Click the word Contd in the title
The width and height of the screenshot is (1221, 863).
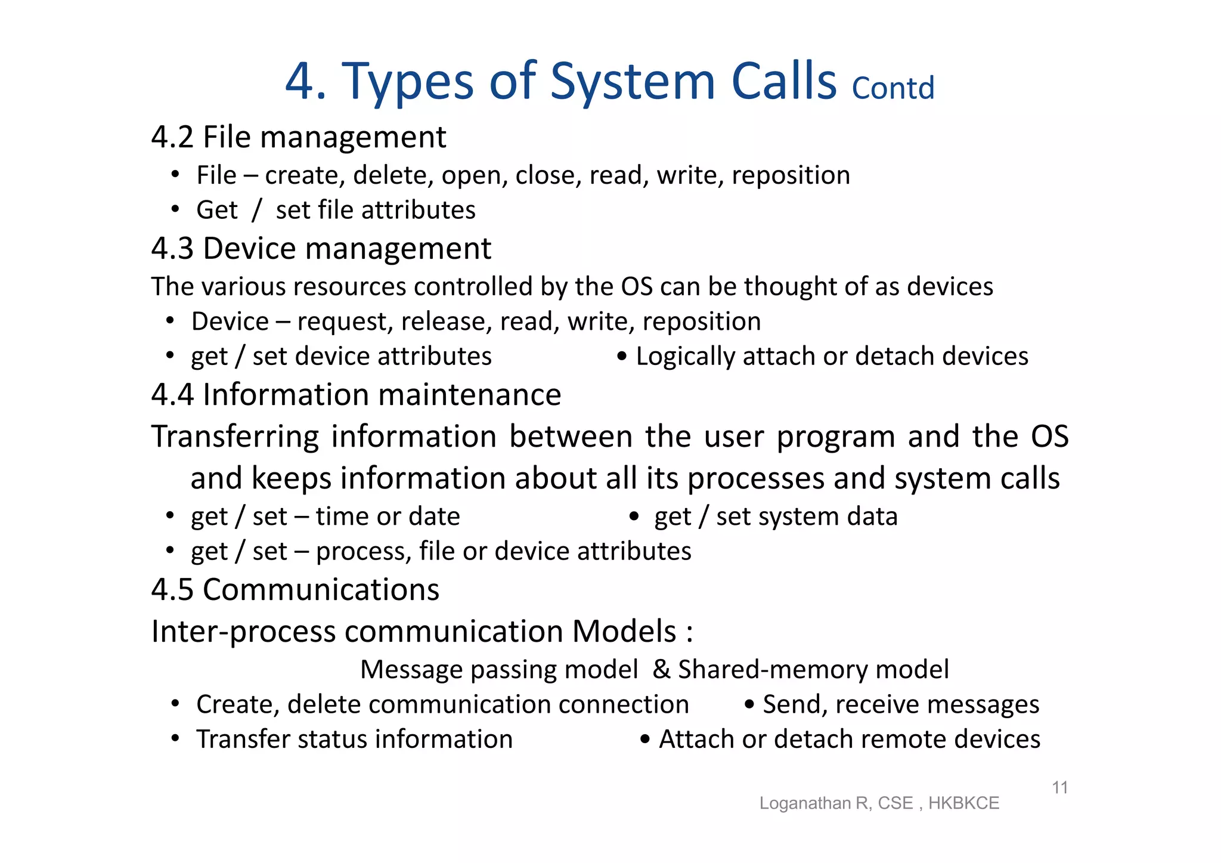(892, 88)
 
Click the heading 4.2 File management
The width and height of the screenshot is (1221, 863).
(298, 137)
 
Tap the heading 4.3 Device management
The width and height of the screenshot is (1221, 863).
(321, 248)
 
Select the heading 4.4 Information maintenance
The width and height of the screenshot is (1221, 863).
(356, 395)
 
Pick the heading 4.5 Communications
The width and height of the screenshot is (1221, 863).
(295, 590)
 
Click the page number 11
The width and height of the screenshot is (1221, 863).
(1059, 788)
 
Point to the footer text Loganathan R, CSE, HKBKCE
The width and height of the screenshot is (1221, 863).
(879, 803)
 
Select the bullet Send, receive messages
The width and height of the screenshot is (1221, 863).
(900, 704)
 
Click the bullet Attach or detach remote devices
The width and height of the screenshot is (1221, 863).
(849, 740)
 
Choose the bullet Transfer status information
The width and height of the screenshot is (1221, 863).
(354, 740)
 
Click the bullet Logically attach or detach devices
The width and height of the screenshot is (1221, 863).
(832, 357)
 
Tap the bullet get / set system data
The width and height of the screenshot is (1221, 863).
(776, 516)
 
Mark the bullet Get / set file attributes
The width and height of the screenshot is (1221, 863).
(336, 211)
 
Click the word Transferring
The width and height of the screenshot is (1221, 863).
(235, 437)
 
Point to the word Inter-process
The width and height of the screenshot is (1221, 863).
(241, 632)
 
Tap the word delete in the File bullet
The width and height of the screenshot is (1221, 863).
(393, 176)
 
